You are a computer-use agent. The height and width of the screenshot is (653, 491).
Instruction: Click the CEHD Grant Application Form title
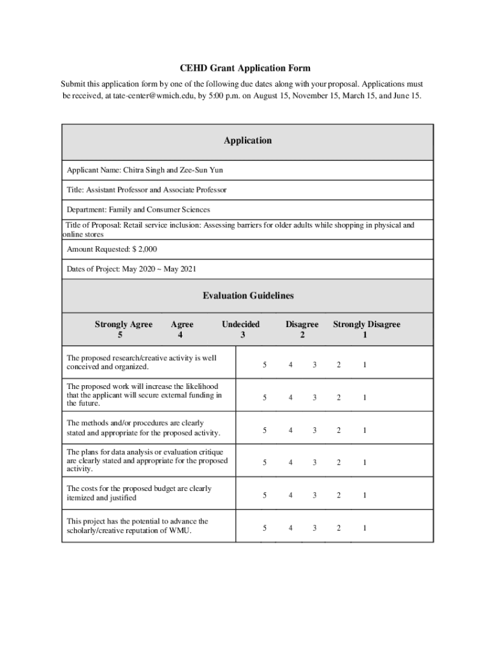point(245,68)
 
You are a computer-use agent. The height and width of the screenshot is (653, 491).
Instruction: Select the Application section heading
point(247,140)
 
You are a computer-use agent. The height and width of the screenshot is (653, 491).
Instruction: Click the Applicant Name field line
point(145,170)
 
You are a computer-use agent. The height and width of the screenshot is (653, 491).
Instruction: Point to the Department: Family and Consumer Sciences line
point(138,209)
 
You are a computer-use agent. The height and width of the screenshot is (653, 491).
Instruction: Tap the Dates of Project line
point(131,269)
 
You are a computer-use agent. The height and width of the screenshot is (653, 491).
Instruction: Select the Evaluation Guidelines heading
point(248,295)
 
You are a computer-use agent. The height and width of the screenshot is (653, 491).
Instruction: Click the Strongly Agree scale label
point(124,325)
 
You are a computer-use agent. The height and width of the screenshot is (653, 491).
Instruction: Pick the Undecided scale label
point(240,325)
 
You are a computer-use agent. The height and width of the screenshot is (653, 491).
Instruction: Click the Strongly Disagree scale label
point(367,325)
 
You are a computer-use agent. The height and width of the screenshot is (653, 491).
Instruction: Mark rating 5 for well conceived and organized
point(265,365)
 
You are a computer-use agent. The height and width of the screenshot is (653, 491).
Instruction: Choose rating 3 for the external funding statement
point(314,397)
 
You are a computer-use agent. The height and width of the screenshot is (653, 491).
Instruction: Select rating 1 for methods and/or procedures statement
point(365,430)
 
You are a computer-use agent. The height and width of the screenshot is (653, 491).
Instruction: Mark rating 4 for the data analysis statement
point(290,463)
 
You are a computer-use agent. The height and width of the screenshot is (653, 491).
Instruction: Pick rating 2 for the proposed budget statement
point(339,495)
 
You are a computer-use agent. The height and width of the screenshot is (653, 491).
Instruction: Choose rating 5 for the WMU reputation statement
point(265,528)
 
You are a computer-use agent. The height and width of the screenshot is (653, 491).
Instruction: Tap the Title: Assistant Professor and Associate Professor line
point(147,190)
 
